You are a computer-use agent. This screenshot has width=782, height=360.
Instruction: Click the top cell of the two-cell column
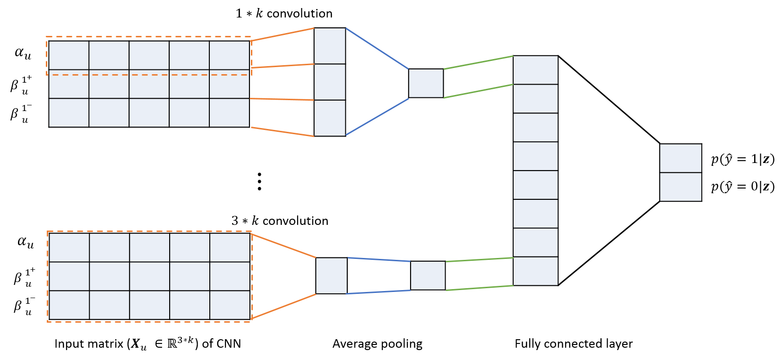click(x=680, y=158)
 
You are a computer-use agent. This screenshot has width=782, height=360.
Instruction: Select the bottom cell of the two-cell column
click(x=680, y=187)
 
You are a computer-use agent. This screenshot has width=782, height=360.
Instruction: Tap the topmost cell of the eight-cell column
click(x=535, y=70)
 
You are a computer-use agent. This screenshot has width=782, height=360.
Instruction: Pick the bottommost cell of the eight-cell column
click(x=535, y=271)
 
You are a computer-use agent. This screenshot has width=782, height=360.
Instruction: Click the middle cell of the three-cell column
click(x=330, y=82)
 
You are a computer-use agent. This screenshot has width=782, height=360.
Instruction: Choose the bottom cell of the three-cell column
click(x=330, y=118)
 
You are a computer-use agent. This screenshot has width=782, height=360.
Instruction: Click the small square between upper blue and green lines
click(x=426, y=83)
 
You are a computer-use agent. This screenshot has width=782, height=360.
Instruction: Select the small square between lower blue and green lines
click(x=428, y=275)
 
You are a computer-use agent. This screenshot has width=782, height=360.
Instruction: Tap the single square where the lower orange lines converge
click(x=331, y=275)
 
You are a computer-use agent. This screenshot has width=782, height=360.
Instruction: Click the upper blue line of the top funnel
click(x=377, y=48)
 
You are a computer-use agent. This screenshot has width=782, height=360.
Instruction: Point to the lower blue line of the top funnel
click(x=377, y=117)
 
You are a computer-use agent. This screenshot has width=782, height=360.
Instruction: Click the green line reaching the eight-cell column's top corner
click(x=478, y=62)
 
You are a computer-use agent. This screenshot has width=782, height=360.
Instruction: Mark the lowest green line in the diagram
click(x=480, y=288)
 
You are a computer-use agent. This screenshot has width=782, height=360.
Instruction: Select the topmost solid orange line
click(x=283, y=34)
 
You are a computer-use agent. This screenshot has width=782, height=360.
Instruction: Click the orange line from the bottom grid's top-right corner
click(x=284, y=246)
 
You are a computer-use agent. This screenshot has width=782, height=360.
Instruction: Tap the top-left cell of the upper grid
click(x=69, y=55)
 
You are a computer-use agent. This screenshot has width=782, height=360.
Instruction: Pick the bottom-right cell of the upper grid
click(x=229, y=112)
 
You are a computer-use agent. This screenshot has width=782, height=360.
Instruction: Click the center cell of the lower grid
click(x=149, y=276)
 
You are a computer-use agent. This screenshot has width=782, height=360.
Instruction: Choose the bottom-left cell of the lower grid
click(x=69, y=305)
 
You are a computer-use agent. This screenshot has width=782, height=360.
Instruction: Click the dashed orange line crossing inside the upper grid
click(x=149, y=75)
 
